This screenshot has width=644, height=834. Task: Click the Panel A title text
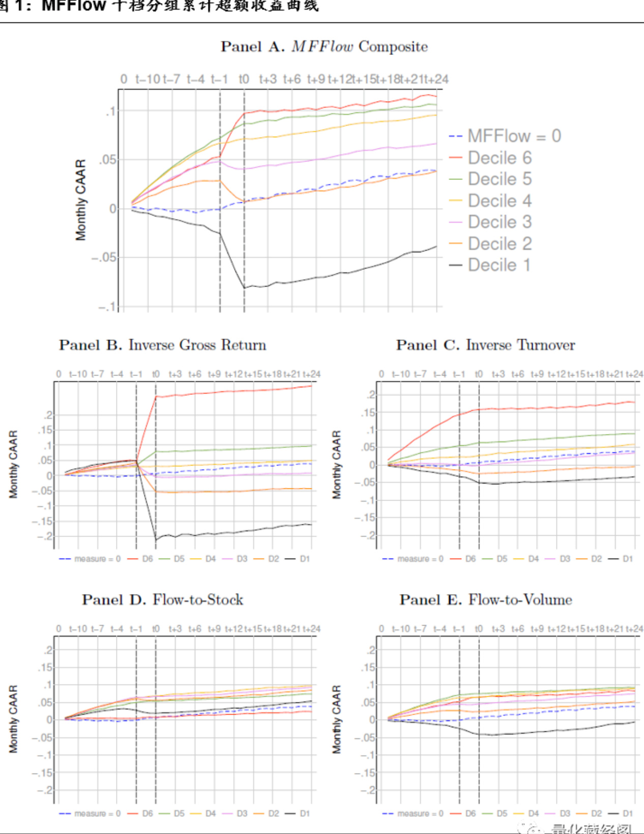click(x=324, y=47)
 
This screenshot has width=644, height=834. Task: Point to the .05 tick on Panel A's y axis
click(x=107, y=160)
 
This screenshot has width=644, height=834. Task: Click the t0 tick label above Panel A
click(x=244, y=79)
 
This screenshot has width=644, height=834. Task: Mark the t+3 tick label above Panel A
click(x=268, y=79)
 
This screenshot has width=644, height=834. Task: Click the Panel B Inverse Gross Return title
click(x=162, y=345)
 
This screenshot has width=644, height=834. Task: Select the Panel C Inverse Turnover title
click(x=485, y=345)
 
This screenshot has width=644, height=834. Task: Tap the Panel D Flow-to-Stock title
click(x=162, y=600)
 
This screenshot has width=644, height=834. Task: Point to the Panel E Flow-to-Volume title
click(x=485, y=600)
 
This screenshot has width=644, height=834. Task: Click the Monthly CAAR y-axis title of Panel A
click(x=80, y=200)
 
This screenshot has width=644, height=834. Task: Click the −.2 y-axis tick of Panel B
click(x=45, y=536)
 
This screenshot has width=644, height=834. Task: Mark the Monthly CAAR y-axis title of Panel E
click(x=336, y=719)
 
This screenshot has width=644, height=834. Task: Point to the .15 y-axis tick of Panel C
click(x=368, y=413)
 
